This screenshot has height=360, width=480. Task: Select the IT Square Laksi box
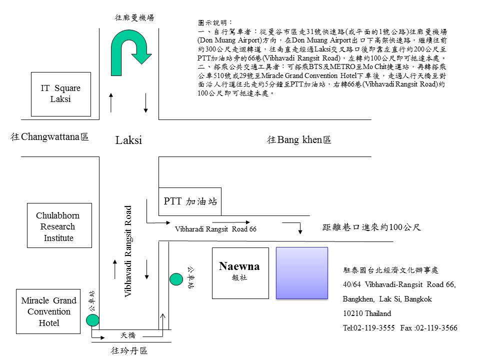tap(61, 94)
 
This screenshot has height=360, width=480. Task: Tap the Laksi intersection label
tap(128, 140)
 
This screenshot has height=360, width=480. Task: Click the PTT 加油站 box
tap(190, 202)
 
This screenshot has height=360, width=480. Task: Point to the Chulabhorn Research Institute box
tap(59, 226)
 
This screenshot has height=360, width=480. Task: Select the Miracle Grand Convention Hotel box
tap(48, 311)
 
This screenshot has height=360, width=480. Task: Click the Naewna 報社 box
tap(240, 273)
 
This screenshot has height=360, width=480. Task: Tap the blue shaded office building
tap(302, 273)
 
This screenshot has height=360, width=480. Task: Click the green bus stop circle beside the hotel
tap(92, 320)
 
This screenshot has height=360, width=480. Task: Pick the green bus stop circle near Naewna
tap(176, 278)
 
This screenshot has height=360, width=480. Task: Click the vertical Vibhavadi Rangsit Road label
tap(128, 252)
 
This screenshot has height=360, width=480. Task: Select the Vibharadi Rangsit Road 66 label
tap(215, 229)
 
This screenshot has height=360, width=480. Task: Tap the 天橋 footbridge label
tap(128, 335)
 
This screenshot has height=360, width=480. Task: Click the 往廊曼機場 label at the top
tap(134, 17)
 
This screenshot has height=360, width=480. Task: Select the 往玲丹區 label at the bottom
tap(128, 350)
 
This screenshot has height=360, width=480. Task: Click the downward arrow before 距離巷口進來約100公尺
tap(300, 228)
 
